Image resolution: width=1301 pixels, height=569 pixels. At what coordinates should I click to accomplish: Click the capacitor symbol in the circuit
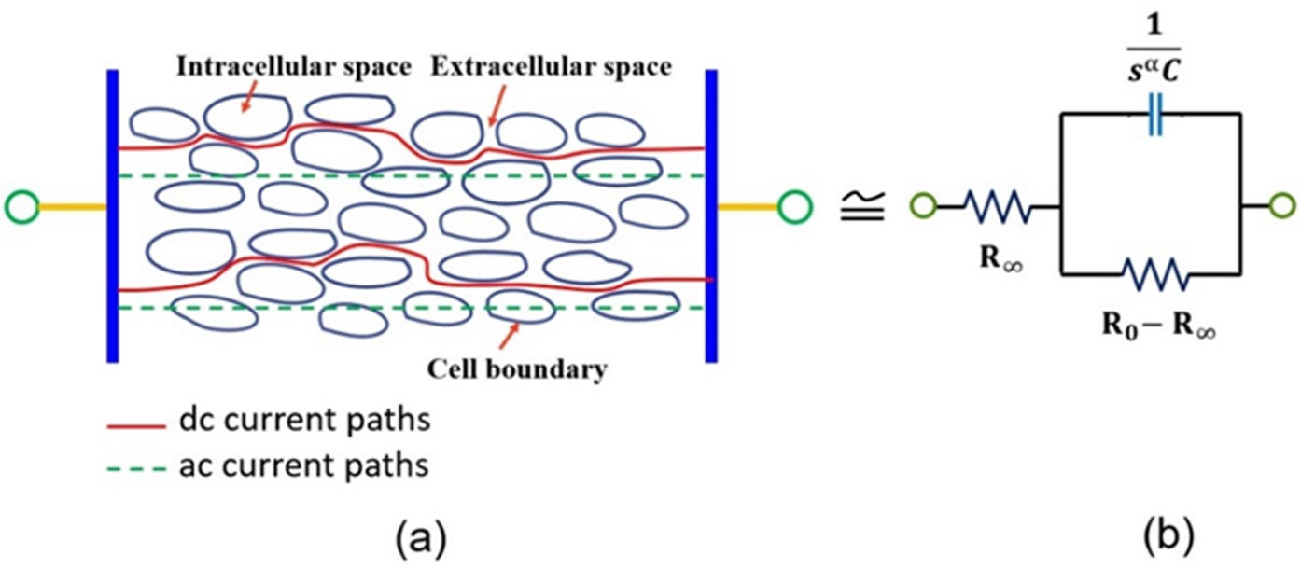tap(1154, 114)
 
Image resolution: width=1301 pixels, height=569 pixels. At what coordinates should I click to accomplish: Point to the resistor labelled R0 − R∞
tap(1154, 274)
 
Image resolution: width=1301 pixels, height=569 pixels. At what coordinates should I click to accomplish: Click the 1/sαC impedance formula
tap(1154, 53)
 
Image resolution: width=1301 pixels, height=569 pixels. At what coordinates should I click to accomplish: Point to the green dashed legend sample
tap(131, 465)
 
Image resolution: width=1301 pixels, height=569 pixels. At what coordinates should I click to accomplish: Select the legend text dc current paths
tap(303, 421)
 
